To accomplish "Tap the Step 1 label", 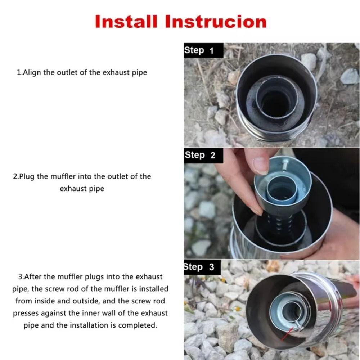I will click(x=199, y=50).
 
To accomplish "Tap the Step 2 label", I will click(x=200, y=155).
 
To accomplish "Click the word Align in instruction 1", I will click(x=32, y=72).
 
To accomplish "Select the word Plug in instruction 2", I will click(x=27, y=176).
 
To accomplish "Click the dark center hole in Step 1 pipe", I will click(x=275, y=103).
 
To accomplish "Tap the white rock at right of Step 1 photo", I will click(x=349, y=76).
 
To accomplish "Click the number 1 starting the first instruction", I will click(x=19, y=72).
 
